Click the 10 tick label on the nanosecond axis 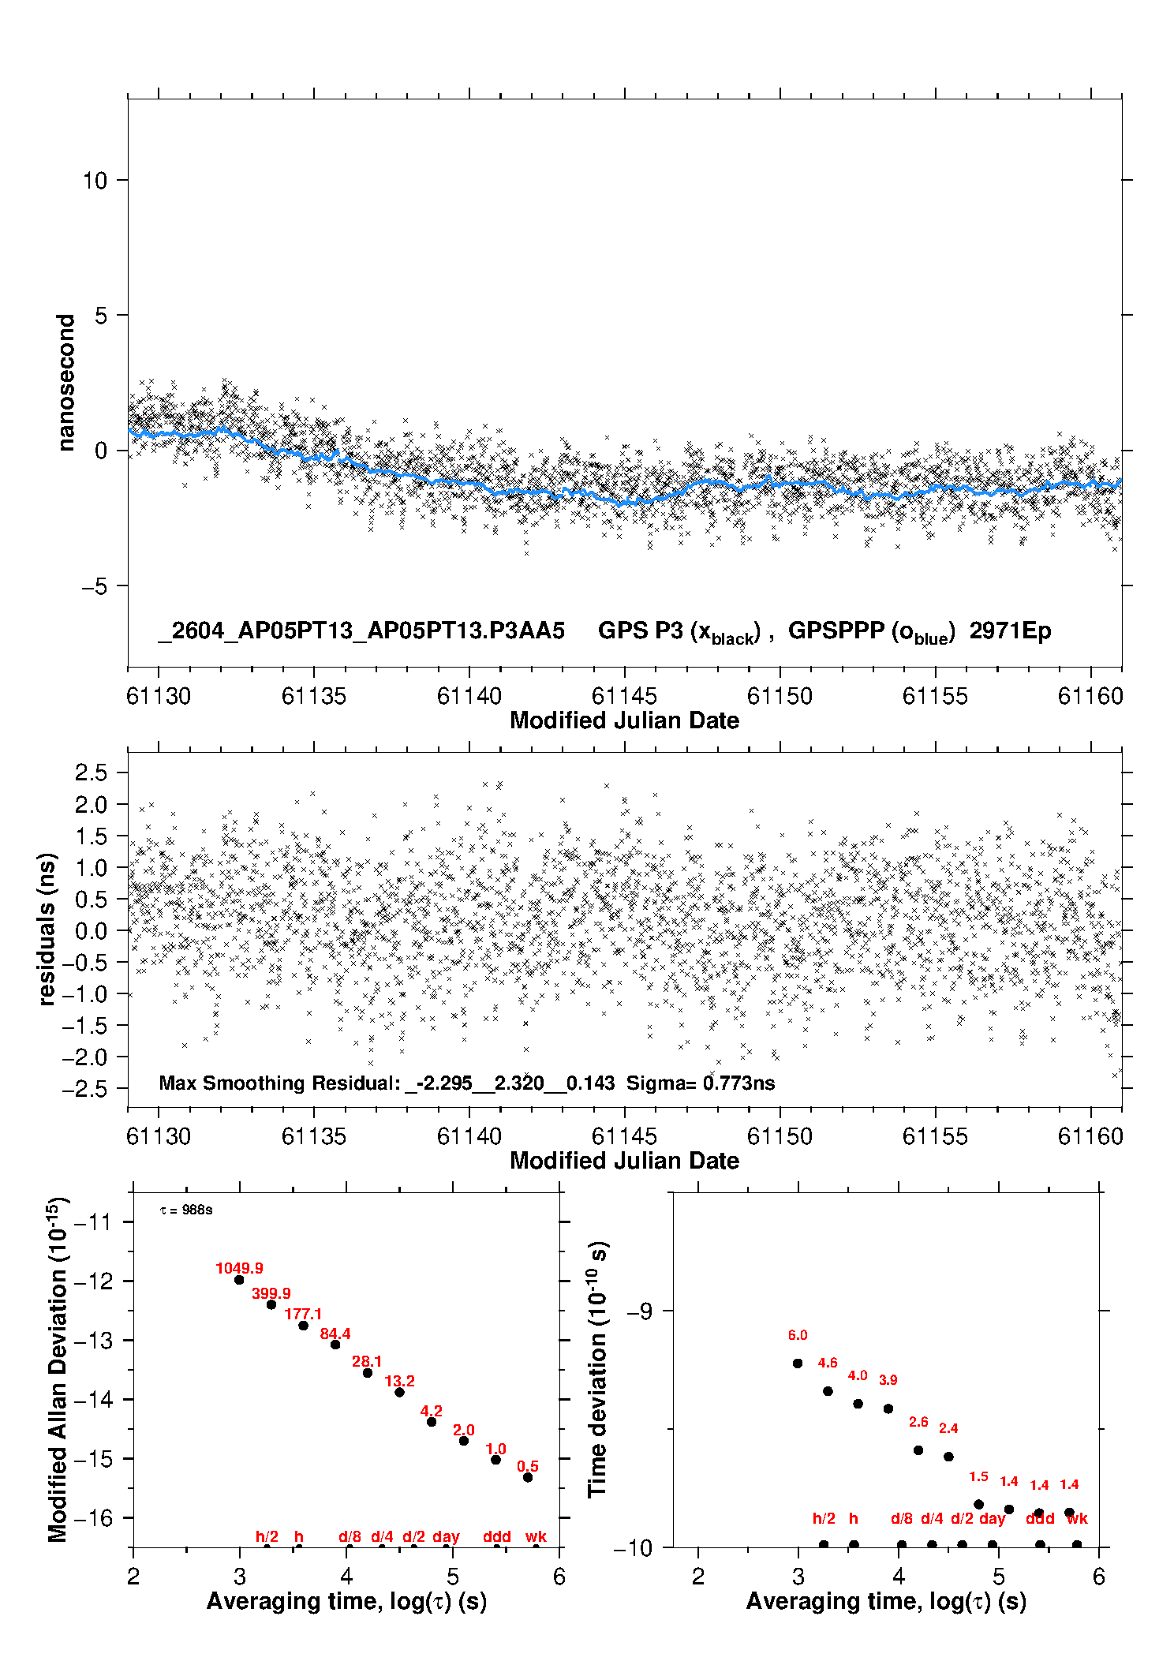(95, 181)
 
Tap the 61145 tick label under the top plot (624, 696)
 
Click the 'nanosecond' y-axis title (66, 383)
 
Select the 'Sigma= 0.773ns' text (701, 1083)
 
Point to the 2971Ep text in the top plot (1010, 631)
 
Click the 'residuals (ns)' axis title (47, 930)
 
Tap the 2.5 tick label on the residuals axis (91, 773)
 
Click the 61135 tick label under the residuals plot (314, 1136)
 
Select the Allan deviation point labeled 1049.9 (239, 1280)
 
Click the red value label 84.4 (335, 1334)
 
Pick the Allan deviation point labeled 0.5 (528, 1477)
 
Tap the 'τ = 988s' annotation (186, 1210)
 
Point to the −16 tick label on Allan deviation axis (93, 1517)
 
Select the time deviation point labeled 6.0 (798, 1363)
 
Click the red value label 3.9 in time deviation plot (888, 1380)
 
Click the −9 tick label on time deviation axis (639, 1311)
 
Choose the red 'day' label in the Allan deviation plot (446, 1536)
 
